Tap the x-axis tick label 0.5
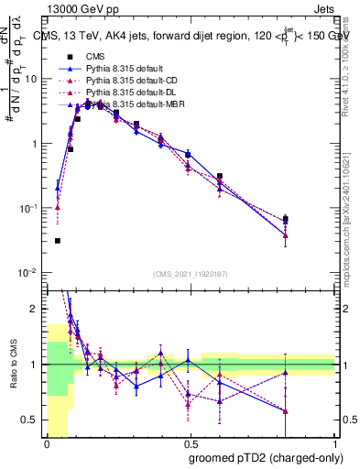coord(191,442)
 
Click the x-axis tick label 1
coord(336,442)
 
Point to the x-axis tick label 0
coord(47,442)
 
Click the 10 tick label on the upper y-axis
coord(32,79)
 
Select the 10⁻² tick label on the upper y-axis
coord(30,273)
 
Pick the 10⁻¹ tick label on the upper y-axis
coord(30,208)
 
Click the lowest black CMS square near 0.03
coord(58,241)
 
